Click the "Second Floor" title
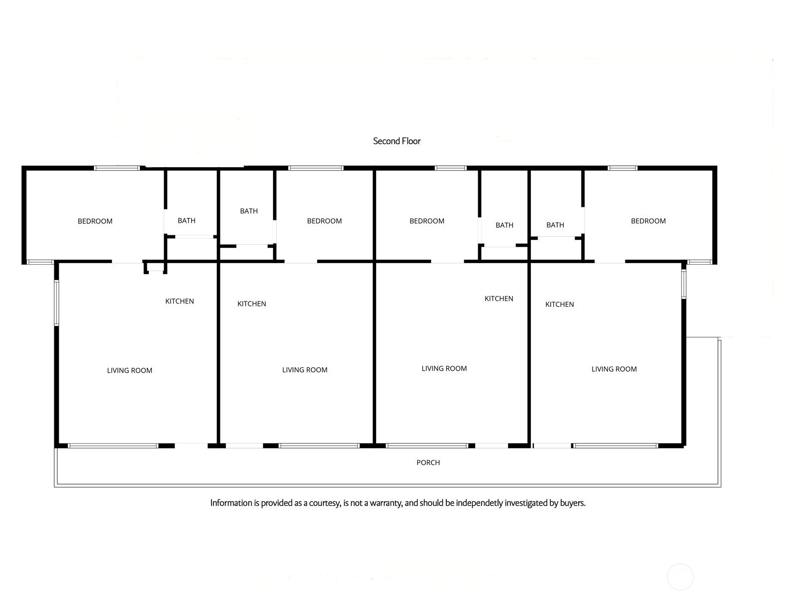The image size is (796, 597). (x=397, y=141)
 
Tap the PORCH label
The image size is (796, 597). (x=428, y=463)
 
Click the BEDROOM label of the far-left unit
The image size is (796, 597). (x=95, y=221)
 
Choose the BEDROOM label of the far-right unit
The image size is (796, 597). (x=648, y=221)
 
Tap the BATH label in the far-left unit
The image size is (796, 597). (x=187, y=220)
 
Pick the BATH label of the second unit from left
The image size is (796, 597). (x=249, y=211)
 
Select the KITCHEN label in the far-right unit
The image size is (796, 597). (x=560, y=304)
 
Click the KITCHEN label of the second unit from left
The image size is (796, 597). (x=252, y=304)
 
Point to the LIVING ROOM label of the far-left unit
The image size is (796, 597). (x=129, y=371)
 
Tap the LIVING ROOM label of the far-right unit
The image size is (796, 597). (x=614, y=369)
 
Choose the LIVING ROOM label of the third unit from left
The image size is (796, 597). (x=444, y=368)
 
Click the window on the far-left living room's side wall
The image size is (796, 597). (x=57, y=302)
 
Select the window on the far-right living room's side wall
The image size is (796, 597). (x=684, y=284)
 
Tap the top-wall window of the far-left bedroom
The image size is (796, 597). (x=117, y=168)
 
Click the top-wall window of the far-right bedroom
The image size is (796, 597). (x=622, y=168)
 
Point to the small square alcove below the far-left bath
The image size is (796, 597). (x=156, y=267)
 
